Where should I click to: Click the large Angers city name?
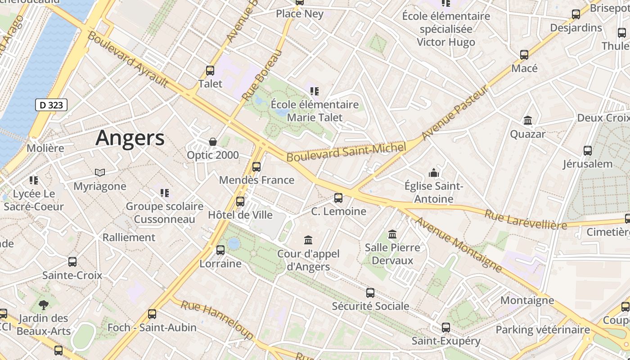(x=130, y=138)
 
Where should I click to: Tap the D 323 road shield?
(x=51, y=105)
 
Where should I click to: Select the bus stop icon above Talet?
(x=210, y=70)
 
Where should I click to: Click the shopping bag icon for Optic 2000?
(x=213, y=142)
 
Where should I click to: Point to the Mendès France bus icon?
(x=256, y=167)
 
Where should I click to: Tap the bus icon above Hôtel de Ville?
(x=240, y=201)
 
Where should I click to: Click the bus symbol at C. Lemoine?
(x=338, y=198)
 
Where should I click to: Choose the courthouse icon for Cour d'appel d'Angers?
(x=308, y=240)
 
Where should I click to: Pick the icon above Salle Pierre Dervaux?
(x=392, y=234)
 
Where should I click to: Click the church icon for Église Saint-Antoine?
(x=434, y=173)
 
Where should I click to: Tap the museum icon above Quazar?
(x=528, y=121)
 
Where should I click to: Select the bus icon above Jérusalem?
(x=588, y=150)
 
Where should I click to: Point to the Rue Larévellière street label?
(x=526, y=219)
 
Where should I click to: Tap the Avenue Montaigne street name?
(x=458, y=245)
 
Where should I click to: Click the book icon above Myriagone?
(x=100, y=172)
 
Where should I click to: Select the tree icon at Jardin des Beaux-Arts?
(x=44, y=305)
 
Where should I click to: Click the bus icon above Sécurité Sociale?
(x=370, y=293)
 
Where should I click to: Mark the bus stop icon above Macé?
(x=524, y=55)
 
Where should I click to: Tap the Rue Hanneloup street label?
(x=217, y=320)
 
